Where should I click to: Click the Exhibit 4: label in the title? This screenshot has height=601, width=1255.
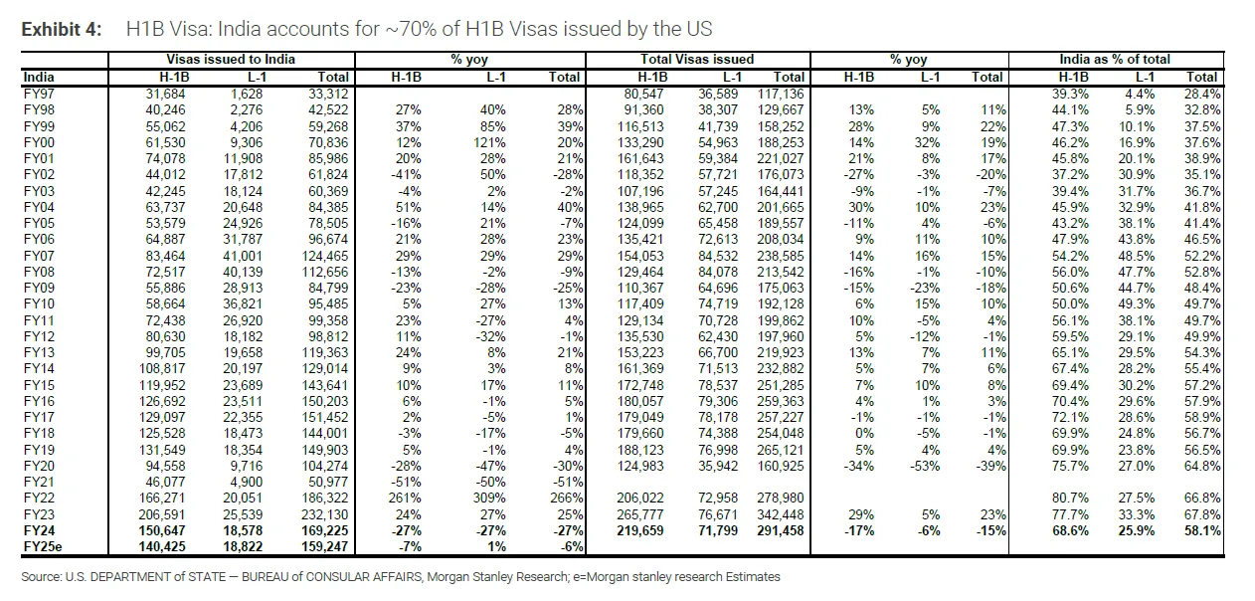[62, 29]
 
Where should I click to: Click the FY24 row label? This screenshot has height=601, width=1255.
[39, 530]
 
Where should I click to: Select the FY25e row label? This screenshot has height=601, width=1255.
[43, 546]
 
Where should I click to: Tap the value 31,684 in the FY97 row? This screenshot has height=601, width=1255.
[165, 94]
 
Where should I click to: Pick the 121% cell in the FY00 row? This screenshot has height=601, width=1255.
[489, 142]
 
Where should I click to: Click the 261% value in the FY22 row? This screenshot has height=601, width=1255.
[405, 498]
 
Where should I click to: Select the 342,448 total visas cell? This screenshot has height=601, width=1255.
[781, 514]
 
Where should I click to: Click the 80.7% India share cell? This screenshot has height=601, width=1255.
[1070, 498]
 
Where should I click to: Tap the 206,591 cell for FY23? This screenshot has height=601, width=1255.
[162, 514]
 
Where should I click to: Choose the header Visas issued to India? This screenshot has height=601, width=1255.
[231, 60]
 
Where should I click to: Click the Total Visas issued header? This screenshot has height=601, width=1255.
[697, 60]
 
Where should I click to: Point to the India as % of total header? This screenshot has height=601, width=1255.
[1115, 60]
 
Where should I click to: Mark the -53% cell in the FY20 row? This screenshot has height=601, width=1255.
[925, 466]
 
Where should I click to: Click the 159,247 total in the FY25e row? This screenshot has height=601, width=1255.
[324, 546]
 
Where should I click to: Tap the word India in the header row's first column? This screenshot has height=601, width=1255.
[39, 77]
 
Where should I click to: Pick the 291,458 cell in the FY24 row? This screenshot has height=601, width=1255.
[781, 530]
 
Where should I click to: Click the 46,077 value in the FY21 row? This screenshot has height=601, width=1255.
[165, 482]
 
